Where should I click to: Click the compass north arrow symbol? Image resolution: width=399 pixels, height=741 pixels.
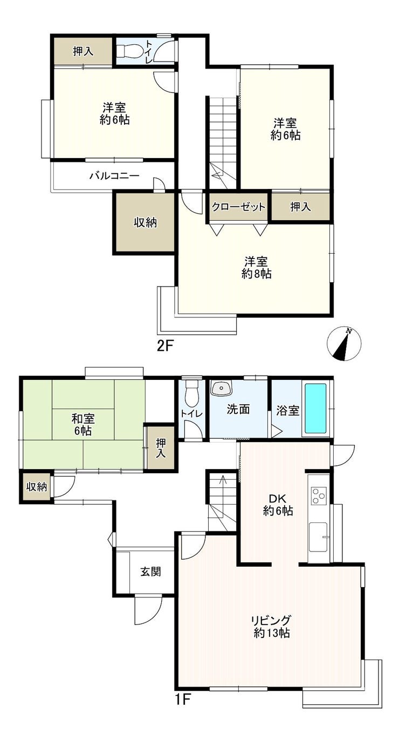pyautogui.click(x=343, y=343)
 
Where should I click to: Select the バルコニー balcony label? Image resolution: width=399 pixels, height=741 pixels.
pyautogui.click(x=115, y=175)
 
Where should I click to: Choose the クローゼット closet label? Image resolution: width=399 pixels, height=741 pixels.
pyautogui.click(x=238, y=207)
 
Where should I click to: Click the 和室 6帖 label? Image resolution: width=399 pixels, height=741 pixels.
pyautogui.click(x=83, y=425)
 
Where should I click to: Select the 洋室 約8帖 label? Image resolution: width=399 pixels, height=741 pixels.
pyautogui.click(x=257, y=268)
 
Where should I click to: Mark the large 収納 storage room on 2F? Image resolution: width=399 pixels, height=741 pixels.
pyautogui.click(x=145, y=223)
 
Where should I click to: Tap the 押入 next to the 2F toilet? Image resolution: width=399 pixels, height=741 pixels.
pyautogui.click(x=83, y=52)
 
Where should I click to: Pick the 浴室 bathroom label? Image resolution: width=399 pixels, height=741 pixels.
pyautogui.click(x=287, y=411)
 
